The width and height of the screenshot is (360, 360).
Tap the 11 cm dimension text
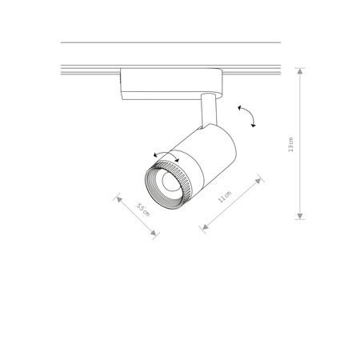coord(226,197)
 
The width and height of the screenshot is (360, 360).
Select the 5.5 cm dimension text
coord(141,210)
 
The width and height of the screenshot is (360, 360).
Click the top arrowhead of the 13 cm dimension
coord(300,70)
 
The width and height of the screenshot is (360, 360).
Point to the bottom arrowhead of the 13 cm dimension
coord(300,217)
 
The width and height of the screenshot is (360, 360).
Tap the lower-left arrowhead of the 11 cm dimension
coord(203,230)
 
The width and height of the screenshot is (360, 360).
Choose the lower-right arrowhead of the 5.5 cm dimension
coord(155,235)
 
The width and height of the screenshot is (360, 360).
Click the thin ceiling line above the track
coord(170,42)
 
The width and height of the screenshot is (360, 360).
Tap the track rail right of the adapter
coord(252,70)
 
